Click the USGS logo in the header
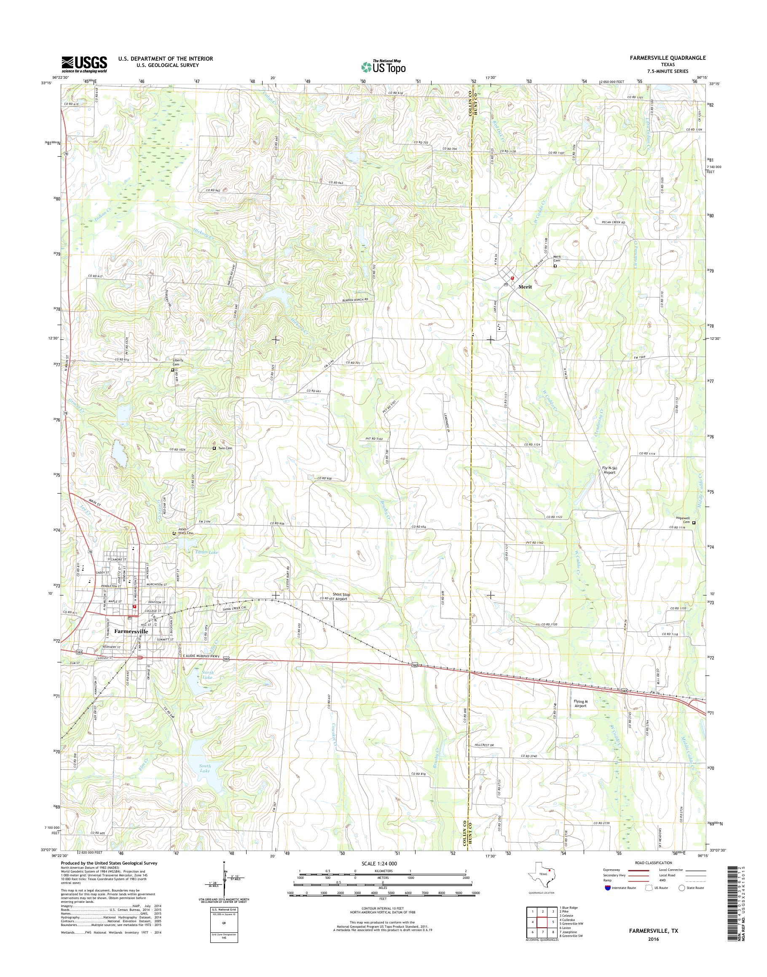(84, 64)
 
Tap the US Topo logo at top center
(383, 67)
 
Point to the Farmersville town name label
(131, 630)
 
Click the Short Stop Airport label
(341, 597)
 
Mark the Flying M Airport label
(580, 716)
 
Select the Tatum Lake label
(207, 552)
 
